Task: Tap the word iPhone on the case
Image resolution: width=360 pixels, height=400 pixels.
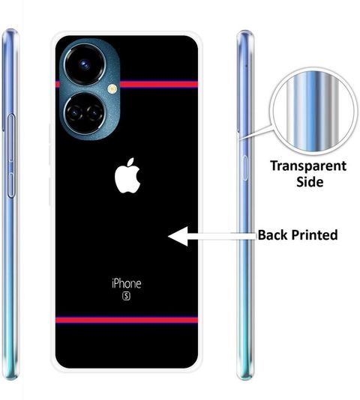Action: [x=127, y=284]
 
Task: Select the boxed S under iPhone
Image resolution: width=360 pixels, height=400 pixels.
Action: [x=127, y=296]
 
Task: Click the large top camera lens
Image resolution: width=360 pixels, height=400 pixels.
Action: [x=85, y=64]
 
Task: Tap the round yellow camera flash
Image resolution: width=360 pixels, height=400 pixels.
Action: [x=112, y=89]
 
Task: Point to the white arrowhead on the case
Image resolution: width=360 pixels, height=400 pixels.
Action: [x=178, y=236]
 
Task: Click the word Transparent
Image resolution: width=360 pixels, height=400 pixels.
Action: [x=308, y=166]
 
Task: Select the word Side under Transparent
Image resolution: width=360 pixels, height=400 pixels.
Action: [x=310, y=181]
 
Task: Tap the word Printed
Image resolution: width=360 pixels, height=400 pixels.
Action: [x=314, y=235]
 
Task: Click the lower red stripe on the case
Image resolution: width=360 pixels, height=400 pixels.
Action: [x=127, y=320]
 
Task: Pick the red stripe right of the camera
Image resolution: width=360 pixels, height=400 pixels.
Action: [x=159, y=84]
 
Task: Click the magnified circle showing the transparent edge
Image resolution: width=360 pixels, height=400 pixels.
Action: [x=314, y=111]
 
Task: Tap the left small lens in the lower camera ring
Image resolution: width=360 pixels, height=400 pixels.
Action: [x=75, y=113]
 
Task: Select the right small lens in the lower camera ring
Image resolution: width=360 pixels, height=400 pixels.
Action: [x=94, y=112]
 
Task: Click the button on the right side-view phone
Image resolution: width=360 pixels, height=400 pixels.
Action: [x=244, y=168]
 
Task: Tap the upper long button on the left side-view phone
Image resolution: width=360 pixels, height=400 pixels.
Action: [x=11, y=138]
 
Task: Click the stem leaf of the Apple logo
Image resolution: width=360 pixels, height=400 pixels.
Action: [x=130, y=163]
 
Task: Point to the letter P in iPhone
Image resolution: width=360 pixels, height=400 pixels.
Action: [x=116, y=284]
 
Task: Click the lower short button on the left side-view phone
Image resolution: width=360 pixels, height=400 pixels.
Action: [x=11, y=185]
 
